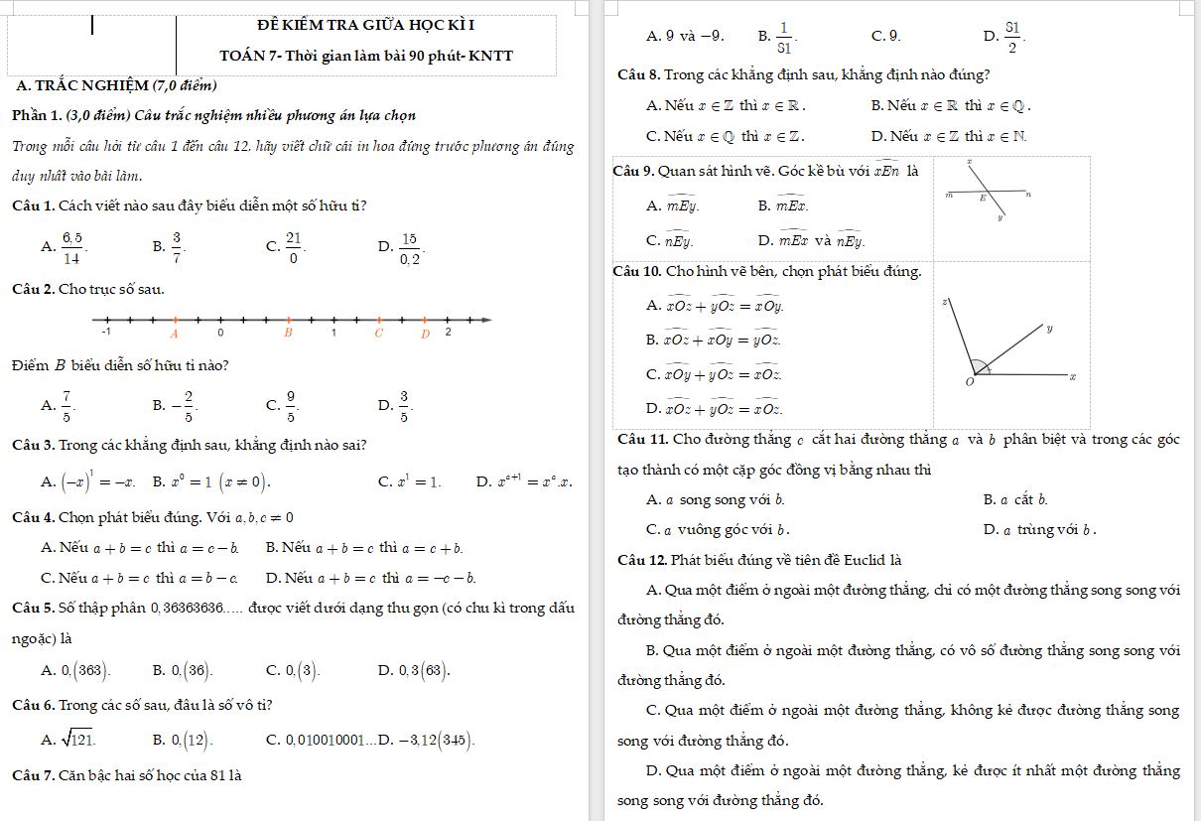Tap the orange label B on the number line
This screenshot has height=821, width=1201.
(289, 333)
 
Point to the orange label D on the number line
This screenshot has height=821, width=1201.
(425, 333)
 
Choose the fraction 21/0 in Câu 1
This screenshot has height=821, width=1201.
(293, 246)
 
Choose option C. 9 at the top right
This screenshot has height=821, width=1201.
(885, 37)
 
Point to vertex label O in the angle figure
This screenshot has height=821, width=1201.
(970, 382)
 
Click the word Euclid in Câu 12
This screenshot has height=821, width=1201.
(857, 561)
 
